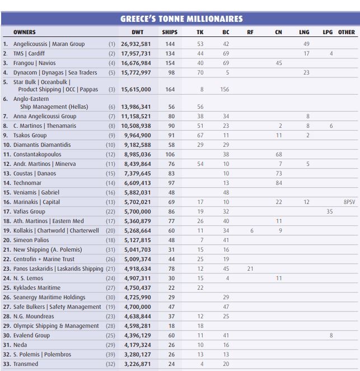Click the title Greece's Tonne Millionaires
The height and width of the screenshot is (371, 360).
pos(181,18)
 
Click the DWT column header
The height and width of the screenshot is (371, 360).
pos(137,33)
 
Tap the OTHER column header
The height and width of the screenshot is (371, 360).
pos(346,33)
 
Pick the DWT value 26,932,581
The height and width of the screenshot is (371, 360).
pos(136,44)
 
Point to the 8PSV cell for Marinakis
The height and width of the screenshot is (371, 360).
pos(348,202)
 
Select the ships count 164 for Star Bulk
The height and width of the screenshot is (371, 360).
pos(170,90)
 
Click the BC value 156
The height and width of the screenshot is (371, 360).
pos(225,90)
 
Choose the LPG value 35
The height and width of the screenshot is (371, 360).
pos(329,211)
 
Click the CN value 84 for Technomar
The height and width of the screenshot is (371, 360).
pos(278,183)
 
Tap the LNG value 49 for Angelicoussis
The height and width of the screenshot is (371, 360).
pos(306,44)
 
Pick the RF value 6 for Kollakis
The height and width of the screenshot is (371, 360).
pos(251,230)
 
